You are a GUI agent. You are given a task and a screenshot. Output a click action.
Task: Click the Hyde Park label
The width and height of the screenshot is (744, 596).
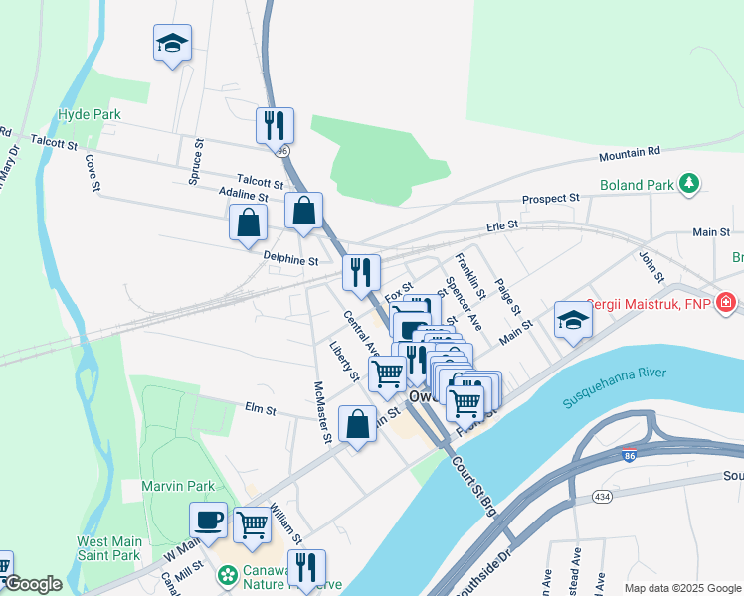90,114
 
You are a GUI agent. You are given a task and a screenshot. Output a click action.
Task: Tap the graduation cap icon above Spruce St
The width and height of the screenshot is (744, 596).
172,44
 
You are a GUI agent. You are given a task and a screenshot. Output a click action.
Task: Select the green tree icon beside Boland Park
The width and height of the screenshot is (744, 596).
687,184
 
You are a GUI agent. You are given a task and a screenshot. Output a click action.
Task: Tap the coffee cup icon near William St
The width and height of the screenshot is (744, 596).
209,520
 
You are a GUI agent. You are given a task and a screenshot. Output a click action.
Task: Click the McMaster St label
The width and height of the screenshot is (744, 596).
322,412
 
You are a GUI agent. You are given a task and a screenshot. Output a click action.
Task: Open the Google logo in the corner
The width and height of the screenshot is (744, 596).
33,584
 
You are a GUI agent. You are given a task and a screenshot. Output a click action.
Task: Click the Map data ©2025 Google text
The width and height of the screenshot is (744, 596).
681,587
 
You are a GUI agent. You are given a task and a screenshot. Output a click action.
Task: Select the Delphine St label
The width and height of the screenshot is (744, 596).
290,261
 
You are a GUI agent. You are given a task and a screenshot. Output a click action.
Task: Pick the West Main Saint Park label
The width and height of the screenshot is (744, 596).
109,549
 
